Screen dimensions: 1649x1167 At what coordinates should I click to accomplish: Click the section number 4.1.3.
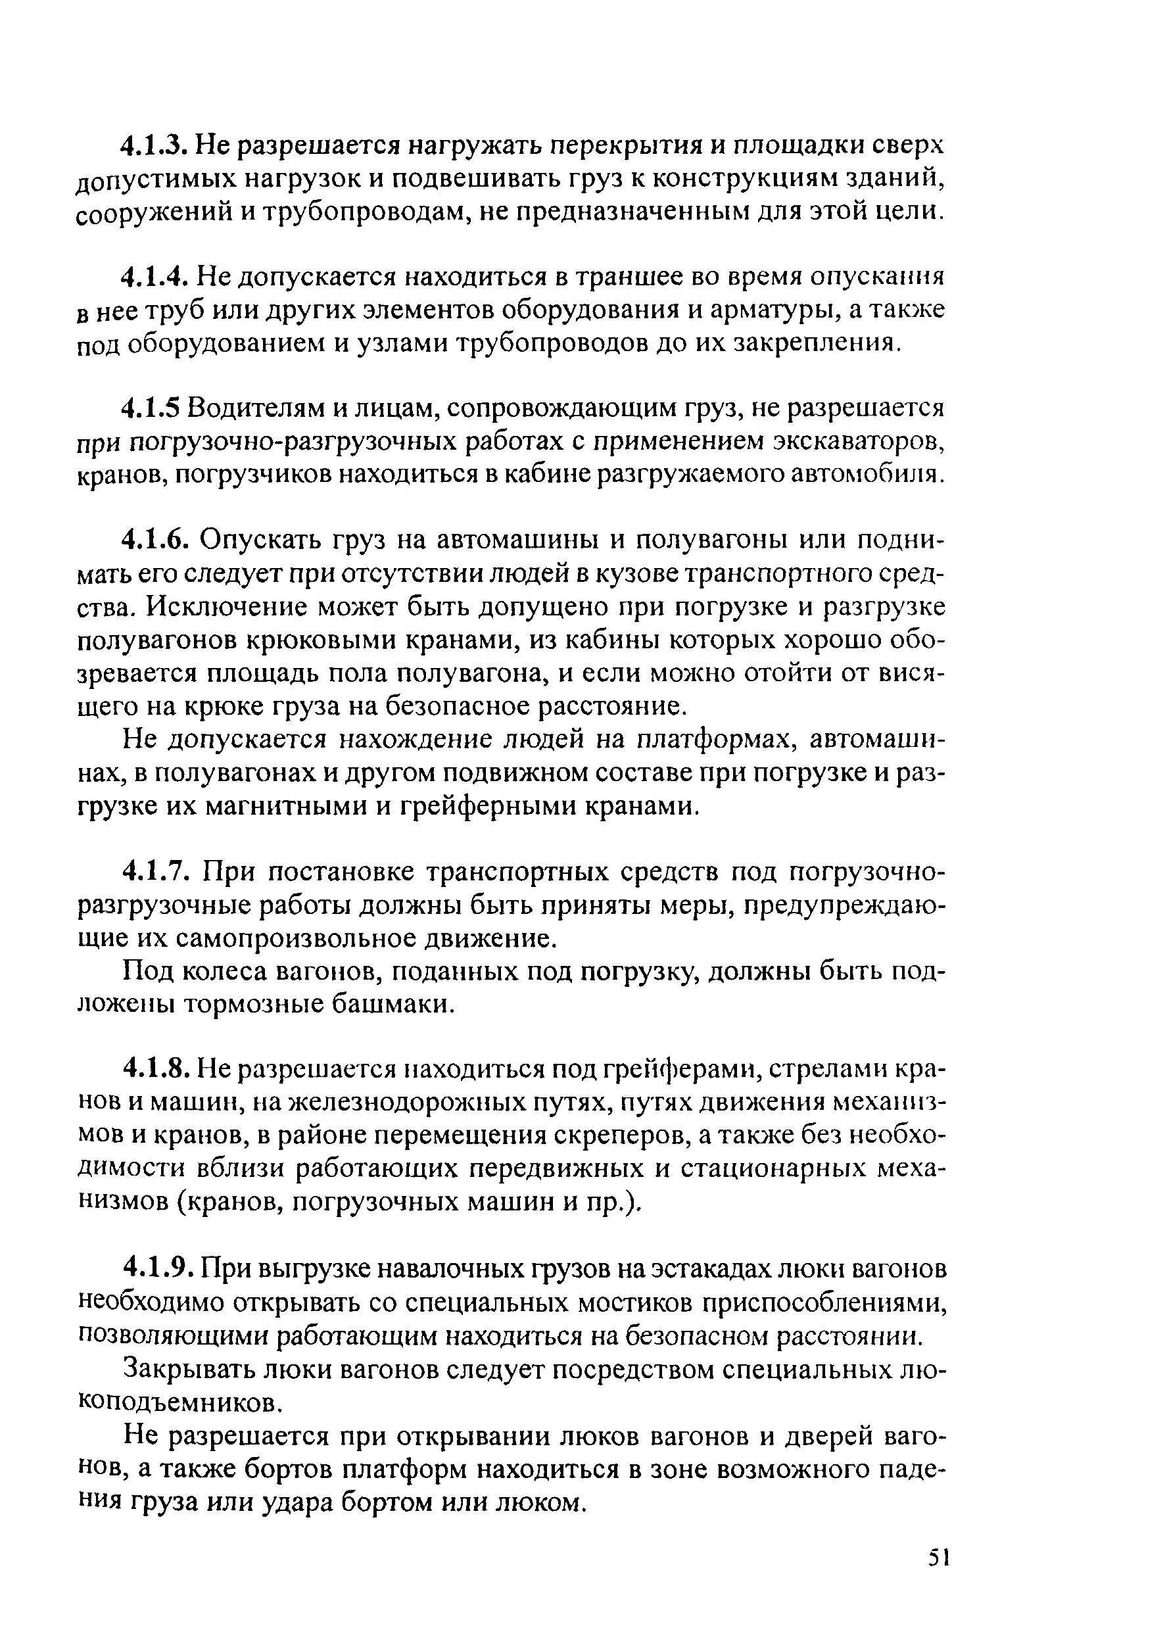(x=155, y=147)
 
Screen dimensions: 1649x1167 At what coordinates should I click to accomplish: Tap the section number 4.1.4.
(x=155, y=277)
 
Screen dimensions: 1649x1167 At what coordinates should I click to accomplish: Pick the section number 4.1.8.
(x=155, y=1069)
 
